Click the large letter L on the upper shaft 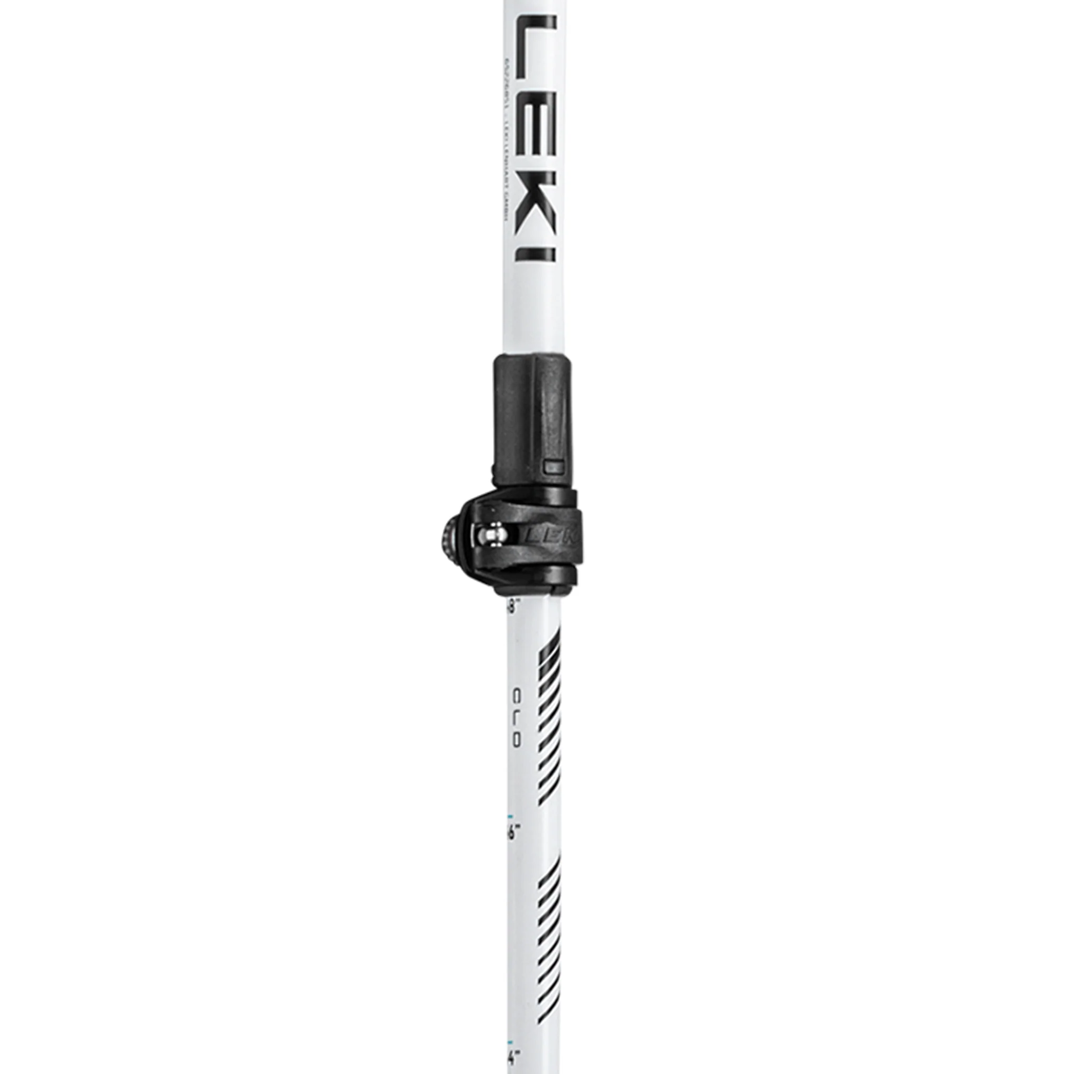pyautogui.click(x=535, y=47)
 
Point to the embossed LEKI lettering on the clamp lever pyautogui.click(x=550, y=536)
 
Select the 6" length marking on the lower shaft pyautogui.click(x=513, y=849)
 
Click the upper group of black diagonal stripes pyautogui.click(x=547, y=717)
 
